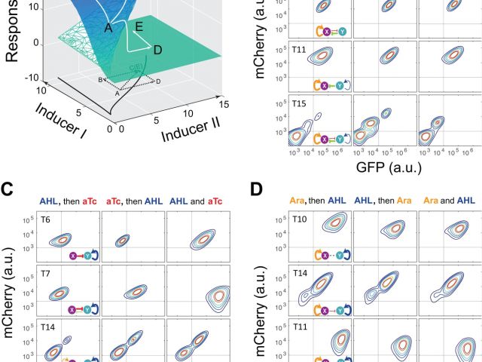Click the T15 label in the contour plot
click(x=301, y=102)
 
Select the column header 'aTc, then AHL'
click(x=133, y=201)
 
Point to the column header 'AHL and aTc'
click(x=197, y=201)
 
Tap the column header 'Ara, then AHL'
click(x=315, y=201)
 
